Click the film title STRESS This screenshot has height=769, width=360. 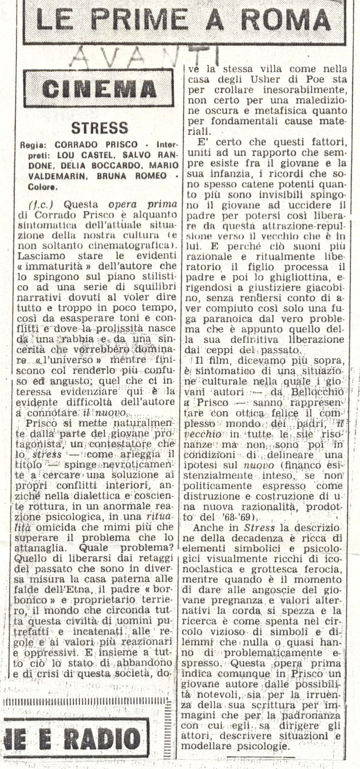[99, 128]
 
